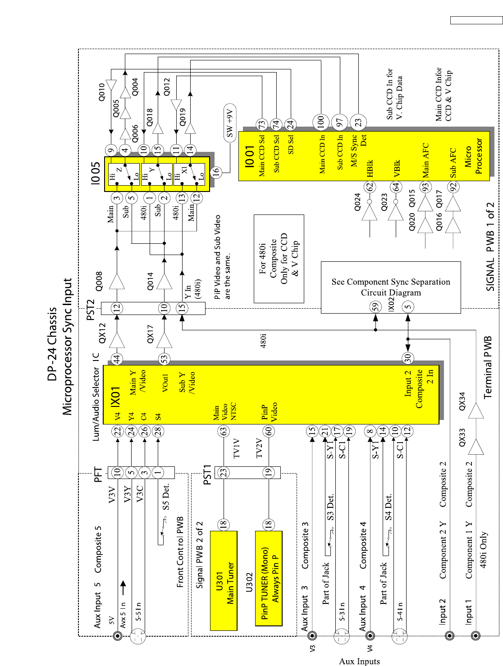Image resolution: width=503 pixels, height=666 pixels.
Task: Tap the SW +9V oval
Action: point(230,123)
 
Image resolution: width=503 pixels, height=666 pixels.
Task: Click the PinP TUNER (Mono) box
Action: point(269,579)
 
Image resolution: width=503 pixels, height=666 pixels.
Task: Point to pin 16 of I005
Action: point(217,172)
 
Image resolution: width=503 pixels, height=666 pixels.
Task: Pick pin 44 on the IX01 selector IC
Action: point(117,359)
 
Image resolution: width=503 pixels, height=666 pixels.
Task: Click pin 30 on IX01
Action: point(407,358)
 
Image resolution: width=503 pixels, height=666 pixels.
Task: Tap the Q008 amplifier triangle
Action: point(117,282)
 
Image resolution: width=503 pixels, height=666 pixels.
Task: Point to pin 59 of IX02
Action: point(375,307)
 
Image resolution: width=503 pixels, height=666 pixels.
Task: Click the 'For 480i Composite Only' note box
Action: point(279,259)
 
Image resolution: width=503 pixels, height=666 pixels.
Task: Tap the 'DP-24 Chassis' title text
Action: point(53,344)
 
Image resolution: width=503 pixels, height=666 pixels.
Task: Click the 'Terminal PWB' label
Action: point(488,367)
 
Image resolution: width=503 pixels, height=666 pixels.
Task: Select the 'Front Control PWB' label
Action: point(180,552)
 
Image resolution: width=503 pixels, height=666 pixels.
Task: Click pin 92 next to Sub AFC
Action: point(453,187)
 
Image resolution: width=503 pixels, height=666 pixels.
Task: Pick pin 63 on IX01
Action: point(224,431)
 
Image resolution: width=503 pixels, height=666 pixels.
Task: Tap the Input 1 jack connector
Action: point(475,636)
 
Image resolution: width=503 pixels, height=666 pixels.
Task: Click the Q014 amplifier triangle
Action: point(164,282)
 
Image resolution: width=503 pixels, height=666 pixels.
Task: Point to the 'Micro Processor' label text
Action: point(473,156)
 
